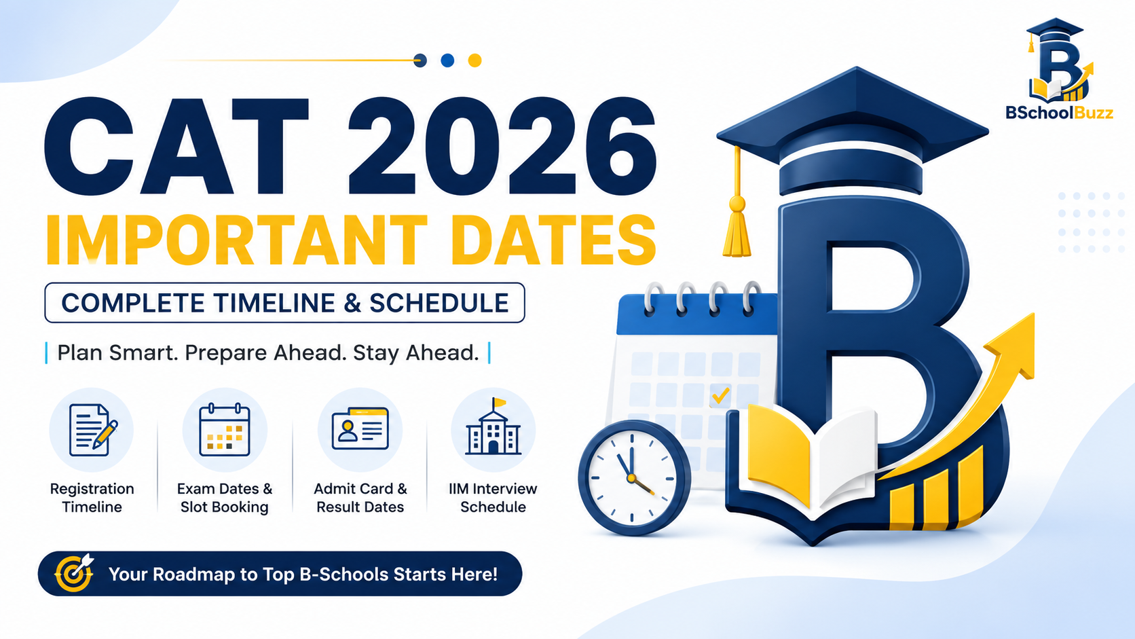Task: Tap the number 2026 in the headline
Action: coord(502,146)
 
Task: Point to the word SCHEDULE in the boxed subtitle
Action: coord(439,303)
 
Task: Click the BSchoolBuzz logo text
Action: coord(1059,112)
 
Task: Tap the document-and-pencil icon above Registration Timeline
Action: coord(92,431)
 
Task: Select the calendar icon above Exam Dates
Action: coord(225,430)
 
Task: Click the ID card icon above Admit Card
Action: coord(360,428)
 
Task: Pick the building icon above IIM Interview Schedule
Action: coord(493,426)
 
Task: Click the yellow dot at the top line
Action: coord(475,60)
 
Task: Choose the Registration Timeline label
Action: coord(92,498)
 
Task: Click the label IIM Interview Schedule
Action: coord(493,498)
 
